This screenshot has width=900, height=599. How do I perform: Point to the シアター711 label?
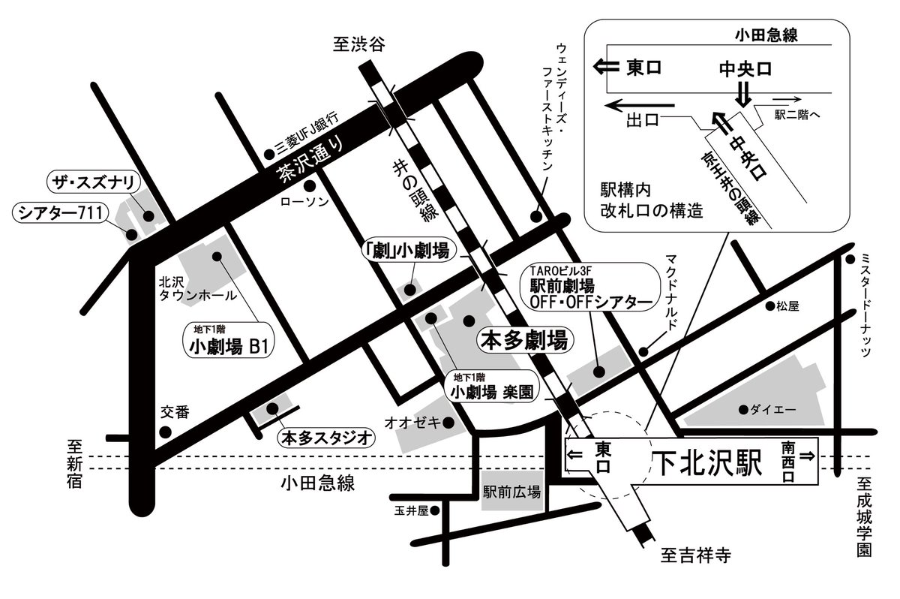tap(62, 214)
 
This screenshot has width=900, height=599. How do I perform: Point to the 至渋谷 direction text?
tap(358, 45)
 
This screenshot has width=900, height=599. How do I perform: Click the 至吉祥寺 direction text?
tap(695, 555)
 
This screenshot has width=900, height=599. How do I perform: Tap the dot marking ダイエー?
tap(742, 409)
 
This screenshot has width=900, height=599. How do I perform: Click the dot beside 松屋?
tap(769, 306)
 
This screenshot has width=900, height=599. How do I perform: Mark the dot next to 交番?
tap(166, 432)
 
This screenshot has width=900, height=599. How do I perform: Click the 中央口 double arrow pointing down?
tap(742, 94)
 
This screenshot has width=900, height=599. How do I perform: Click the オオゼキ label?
tap(411, 423)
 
